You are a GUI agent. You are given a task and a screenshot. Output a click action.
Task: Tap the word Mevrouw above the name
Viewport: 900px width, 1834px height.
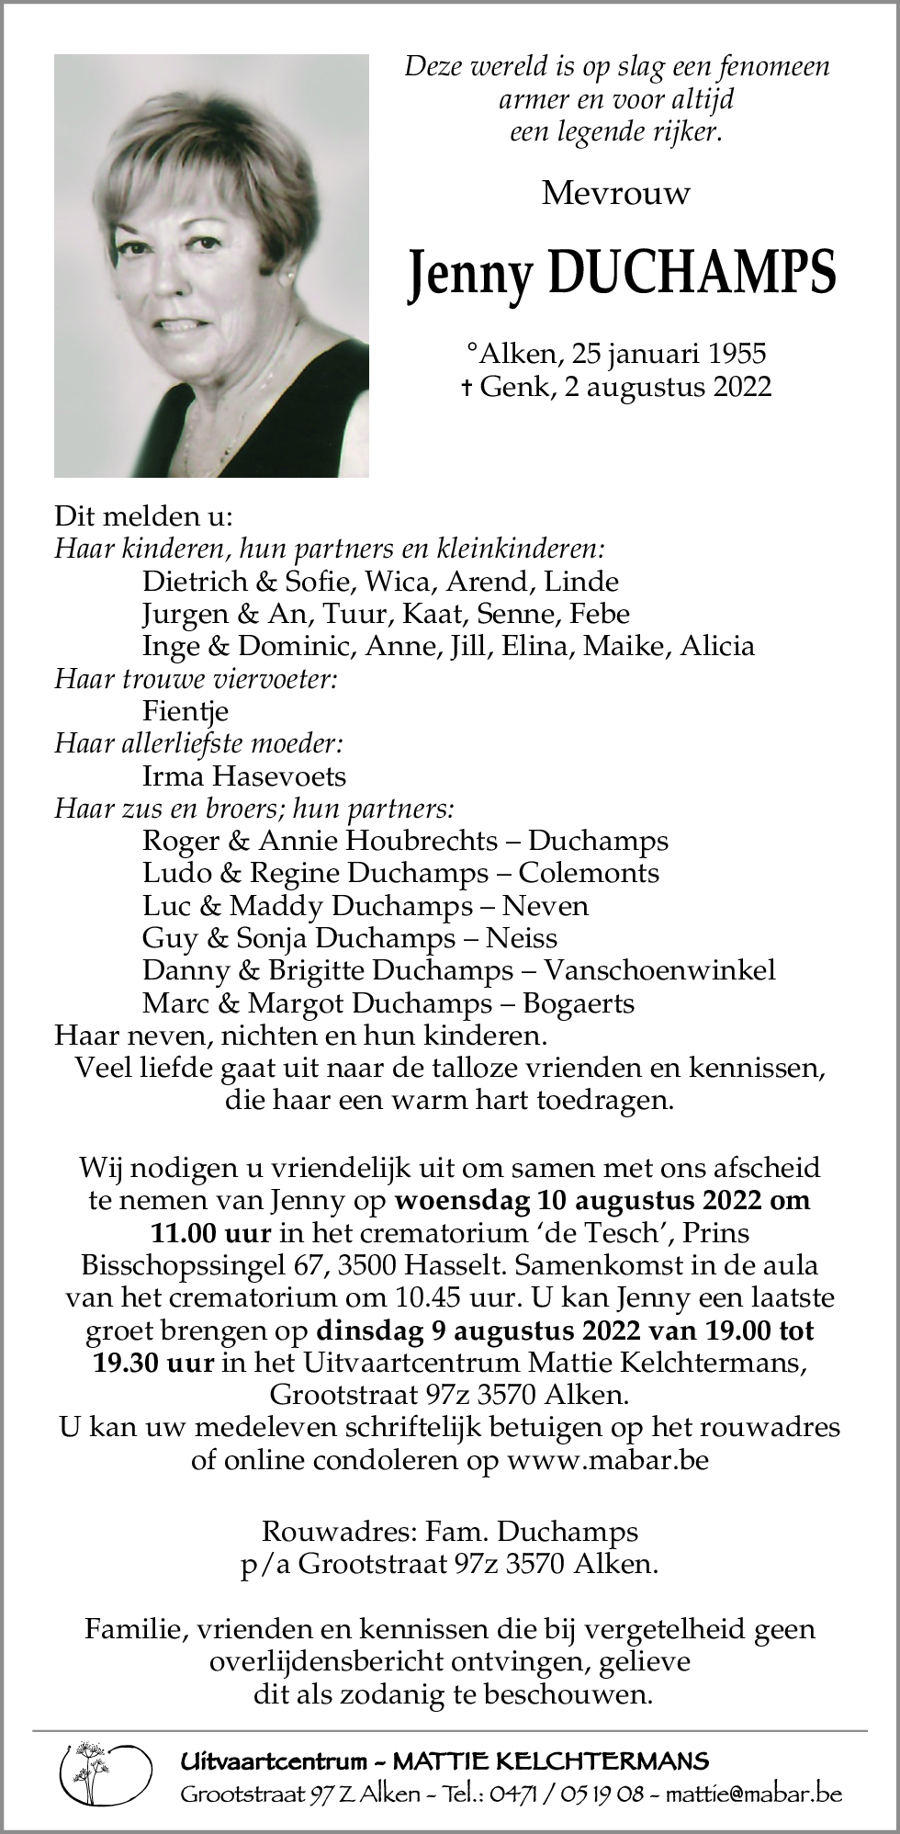[615, 193]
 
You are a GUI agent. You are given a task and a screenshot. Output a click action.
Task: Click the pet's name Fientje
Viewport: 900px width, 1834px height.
[186, 711]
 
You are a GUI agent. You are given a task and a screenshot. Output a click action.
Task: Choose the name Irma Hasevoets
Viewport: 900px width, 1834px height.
[244, 776]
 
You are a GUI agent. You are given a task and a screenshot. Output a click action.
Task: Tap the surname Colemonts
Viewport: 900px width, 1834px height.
[589, 873]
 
